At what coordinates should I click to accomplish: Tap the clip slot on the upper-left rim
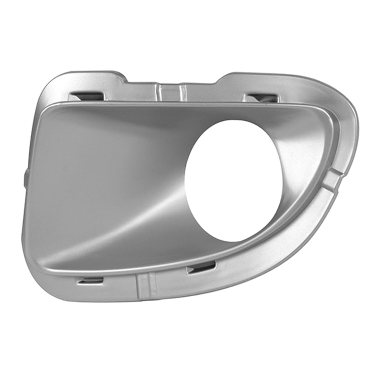(x=87, y=96)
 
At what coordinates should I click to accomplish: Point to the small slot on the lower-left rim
(x=90, y=281)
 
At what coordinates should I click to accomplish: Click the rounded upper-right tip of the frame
(x=347, y=102)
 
